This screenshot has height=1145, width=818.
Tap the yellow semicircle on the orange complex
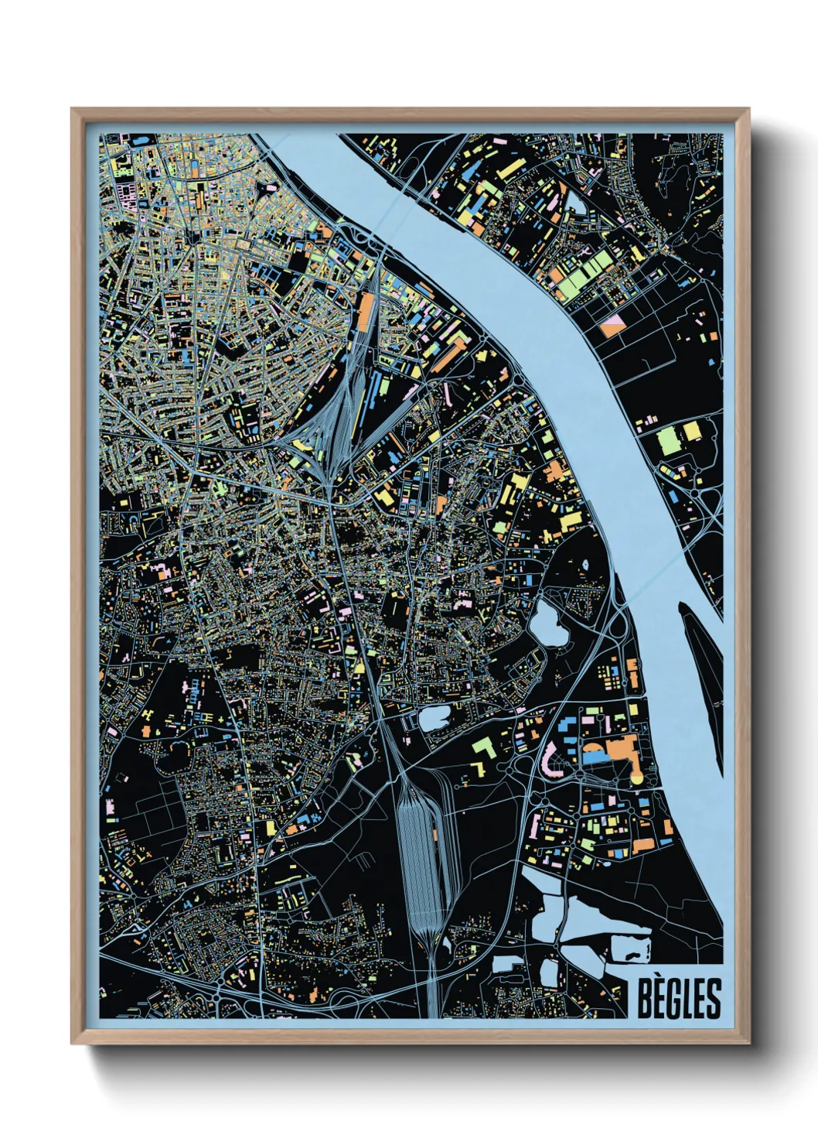coord(636,777)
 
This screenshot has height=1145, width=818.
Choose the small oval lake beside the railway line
coord(433,719)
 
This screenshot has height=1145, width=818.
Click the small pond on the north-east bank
coord(577,203)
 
